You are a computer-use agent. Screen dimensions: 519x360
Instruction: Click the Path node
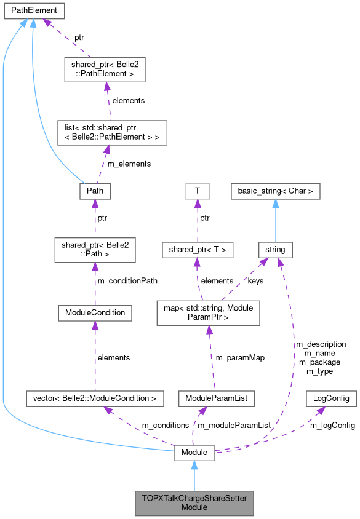(95, 191)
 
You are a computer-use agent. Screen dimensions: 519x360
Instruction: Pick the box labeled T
(197, 191)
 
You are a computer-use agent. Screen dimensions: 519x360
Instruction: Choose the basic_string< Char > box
(275, 191)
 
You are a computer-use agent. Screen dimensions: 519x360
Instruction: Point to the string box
(274, 250)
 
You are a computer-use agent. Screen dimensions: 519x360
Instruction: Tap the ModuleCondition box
(95, 312)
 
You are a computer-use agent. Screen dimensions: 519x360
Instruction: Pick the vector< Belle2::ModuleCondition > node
(95, 398)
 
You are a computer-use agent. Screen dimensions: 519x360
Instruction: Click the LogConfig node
(331, 398)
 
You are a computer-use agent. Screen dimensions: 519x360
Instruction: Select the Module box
(194, 453)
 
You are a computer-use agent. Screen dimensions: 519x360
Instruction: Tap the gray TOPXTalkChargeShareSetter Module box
(194, 503)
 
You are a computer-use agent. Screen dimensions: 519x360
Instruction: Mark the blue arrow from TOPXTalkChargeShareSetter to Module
(194, 476)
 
